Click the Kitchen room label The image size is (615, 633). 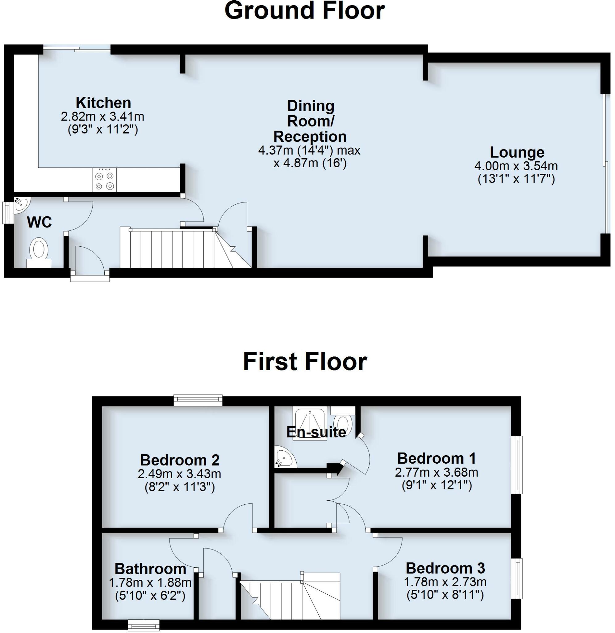tap(103, 103)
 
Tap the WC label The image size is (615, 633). tap(40, 223)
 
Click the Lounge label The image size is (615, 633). tap(517, 152)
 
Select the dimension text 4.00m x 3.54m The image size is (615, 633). tap(516, 166)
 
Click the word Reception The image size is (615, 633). tap(310, 137)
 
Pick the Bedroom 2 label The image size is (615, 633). tap(180, 460)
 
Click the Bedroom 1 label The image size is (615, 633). tap(437, 458)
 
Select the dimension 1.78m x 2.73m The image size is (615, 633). tap(445, 582)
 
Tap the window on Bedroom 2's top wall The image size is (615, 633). tap(198, 400)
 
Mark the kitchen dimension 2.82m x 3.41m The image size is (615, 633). tap(103, 117)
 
